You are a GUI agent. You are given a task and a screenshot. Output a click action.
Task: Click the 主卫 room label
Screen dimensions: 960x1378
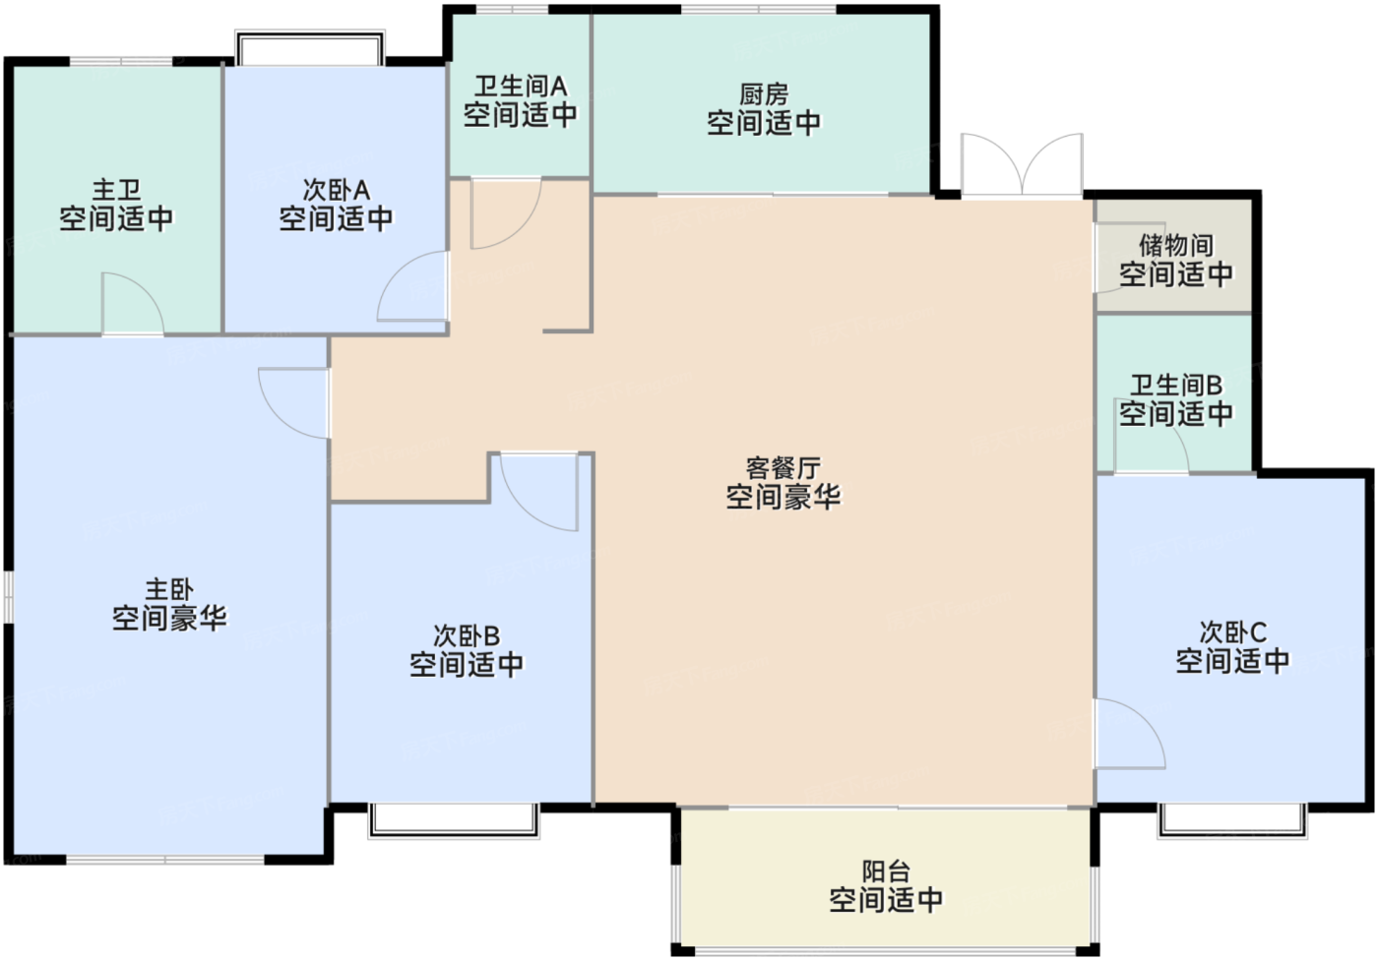click(116, 189)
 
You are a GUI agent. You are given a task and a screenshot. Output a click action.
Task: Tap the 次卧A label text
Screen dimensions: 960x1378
click(336, 189)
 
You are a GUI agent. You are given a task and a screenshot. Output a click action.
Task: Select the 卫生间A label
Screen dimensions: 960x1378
click(520, 87)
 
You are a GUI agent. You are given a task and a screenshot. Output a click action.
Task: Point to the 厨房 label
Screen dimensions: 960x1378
click(764, 94)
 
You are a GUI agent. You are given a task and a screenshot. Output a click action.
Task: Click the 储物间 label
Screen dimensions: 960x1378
click(1175, 245)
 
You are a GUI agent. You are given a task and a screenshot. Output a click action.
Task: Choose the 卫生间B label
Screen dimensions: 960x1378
click(1175, 385)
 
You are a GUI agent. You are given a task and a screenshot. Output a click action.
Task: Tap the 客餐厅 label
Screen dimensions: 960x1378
click(783, 468)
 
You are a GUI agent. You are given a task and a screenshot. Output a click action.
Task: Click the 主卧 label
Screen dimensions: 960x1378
click(169, 589)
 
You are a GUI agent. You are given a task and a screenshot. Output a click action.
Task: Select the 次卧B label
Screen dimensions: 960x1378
click(467, 635)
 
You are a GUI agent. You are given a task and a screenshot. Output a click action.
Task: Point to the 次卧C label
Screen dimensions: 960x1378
click(1232, 631)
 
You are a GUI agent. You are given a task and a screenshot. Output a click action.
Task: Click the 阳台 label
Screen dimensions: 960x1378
click(886, 870)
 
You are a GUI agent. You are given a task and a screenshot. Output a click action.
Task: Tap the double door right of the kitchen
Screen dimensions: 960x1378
click(1023, 165)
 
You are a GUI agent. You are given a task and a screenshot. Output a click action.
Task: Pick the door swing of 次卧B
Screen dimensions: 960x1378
click(537, 492)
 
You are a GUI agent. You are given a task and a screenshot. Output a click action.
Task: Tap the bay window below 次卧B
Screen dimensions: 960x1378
click(454, 820)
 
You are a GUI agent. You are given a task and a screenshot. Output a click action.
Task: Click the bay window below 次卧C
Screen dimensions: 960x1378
click(1232, 820)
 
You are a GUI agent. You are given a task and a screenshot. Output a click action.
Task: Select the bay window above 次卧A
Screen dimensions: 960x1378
click(309, 47)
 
